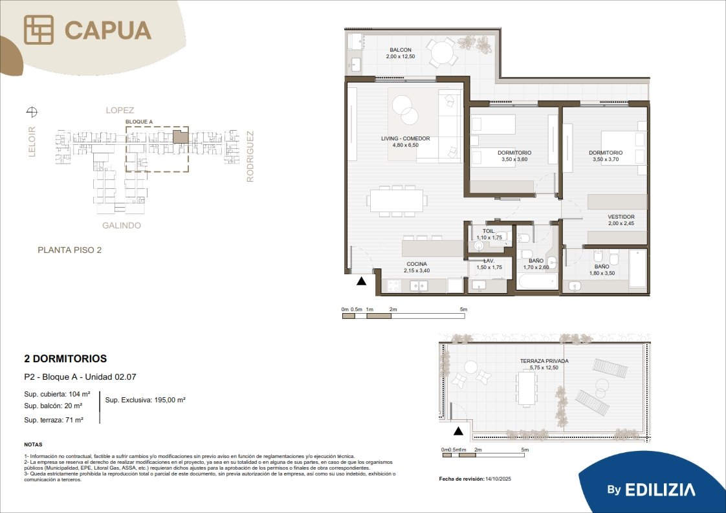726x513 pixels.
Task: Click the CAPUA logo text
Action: tap(108, 30)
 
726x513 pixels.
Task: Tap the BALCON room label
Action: tap(401, 50)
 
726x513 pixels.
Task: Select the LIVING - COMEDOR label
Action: tap(406, 138)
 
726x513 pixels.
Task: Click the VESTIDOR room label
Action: tap(621, 217)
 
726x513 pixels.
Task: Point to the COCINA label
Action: tap(417, 264)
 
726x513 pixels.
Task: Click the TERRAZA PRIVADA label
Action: tap(544, 361)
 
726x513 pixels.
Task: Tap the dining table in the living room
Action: tap(397, 201)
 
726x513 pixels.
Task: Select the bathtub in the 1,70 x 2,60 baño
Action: tap(538, 281)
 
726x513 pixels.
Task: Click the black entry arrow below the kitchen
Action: tap(362, 281)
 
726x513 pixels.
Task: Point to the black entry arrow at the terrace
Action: tap(458, 431)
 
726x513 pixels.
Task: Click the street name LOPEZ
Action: tap(120, 110)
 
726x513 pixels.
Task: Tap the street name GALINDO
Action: tap(121, 226)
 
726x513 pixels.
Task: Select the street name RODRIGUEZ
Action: tap(250, 157)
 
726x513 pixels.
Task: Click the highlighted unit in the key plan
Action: tap(181, 136)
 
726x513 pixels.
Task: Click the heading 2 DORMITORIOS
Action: tap(65, 358)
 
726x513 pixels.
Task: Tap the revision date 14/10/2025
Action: tap(498, 479)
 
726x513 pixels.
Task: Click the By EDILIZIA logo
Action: tap(651, 490)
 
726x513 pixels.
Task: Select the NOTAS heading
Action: tap(34, 444)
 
